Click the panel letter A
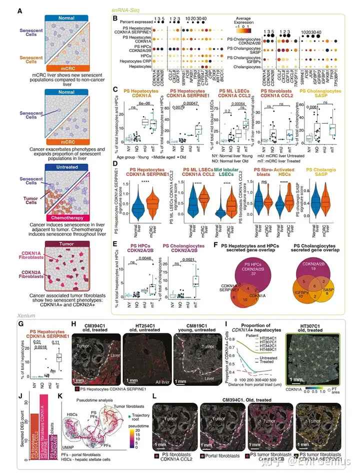[20, 11]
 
